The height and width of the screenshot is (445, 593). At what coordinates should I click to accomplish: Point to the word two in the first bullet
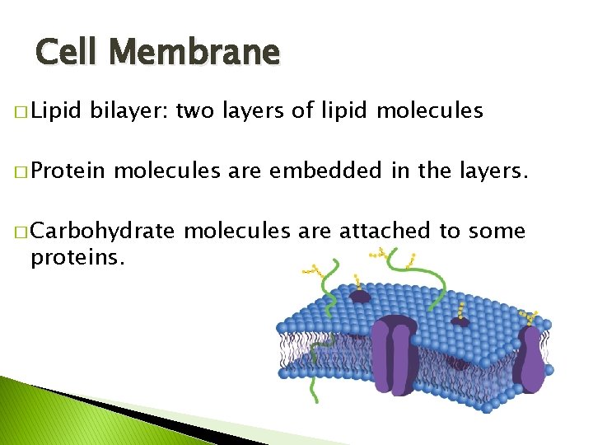tap(195, 110)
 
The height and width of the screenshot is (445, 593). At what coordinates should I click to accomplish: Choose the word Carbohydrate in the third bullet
tap(103, 232)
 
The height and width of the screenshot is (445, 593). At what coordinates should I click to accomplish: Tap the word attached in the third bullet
tap(392, 232)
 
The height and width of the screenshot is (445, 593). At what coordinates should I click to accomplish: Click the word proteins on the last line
tap(77, 258)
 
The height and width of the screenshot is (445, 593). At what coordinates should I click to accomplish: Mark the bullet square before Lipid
tap(20, 112)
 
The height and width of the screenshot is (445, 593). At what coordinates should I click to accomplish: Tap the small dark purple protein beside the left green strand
tap(360, 294)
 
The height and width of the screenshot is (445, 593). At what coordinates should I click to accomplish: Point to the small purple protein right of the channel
tap(460, 320)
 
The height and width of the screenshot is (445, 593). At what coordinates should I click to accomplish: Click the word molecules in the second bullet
tap(166, 171)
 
